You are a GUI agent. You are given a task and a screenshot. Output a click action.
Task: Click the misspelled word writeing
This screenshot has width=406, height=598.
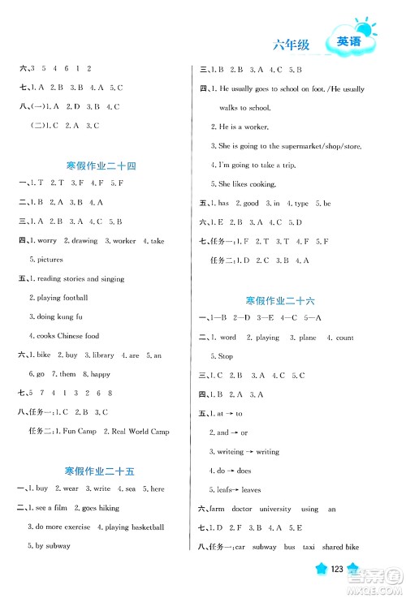tap(235, 452)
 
